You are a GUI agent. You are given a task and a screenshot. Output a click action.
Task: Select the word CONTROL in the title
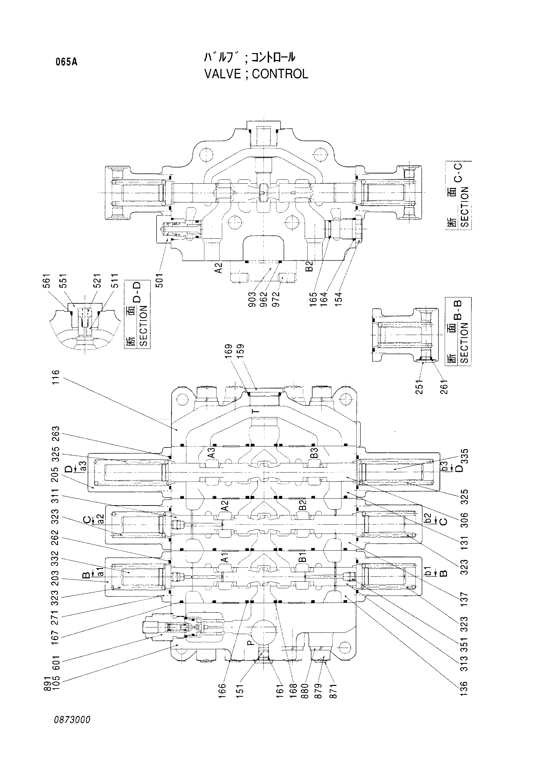pos(280,74)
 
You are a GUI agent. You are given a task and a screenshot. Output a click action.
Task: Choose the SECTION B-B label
pos(458,331)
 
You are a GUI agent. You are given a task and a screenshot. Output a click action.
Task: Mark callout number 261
pos(444,387)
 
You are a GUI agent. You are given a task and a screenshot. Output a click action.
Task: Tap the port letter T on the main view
pos(256,411)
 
